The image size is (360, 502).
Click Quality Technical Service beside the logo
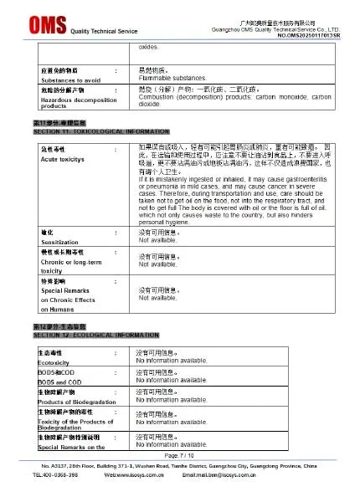click(x=103, y=31)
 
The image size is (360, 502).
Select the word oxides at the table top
click(x=148, y=48)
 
